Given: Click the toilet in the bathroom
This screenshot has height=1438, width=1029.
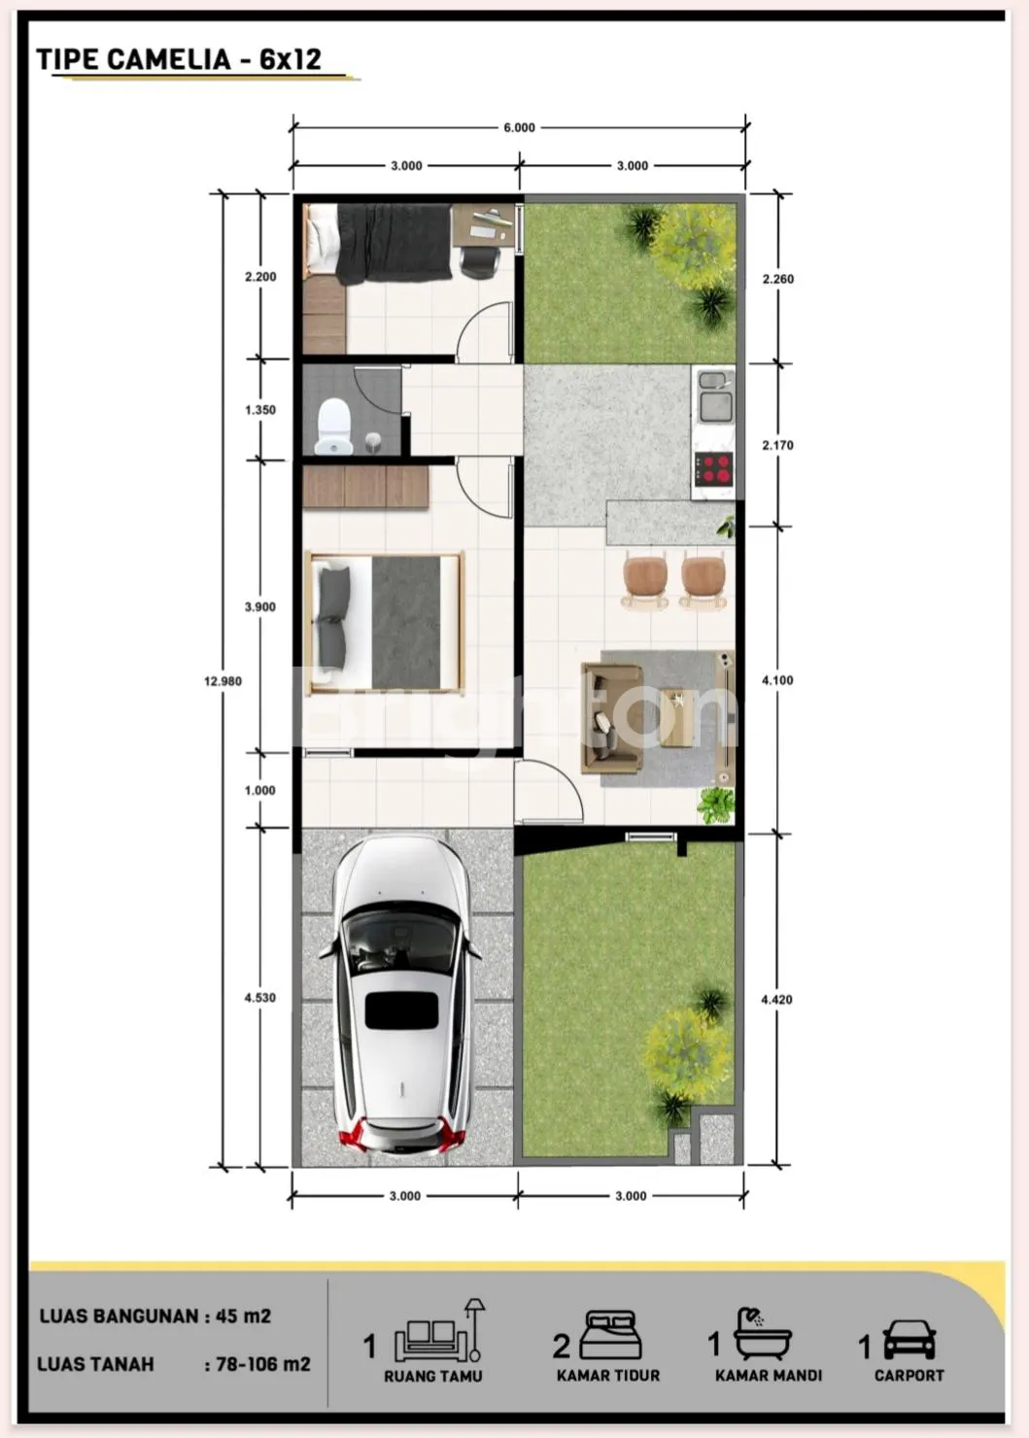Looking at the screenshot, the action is tap(335, 427).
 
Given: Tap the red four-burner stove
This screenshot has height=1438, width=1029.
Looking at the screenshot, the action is tap(714, 468).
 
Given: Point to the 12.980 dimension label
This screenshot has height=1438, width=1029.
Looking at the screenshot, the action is tap(223, 681).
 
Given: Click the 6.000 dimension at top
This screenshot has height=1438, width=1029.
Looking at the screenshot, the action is tap(519, 127).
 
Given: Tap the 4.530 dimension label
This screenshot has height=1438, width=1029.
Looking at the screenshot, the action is tap(260, 998).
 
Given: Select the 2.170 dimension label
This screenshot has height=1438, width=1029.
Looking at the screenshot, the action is tap(778, 445).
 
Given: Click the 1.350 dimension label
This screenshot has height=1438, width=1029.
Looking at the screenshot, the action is tap(260, 410).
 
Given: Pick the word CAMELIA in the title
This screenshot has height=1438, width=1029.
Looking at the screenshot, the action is tap(169, 59).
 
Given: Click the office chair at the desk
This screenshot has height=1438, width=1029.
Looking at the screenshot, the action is tap(480, 262).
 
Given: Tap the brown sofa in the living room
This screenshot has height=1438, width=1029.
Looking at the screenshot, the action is tap(611, 718).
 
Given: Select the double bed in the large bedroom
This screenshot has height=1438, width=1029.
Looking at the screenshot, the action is tap(385, 624).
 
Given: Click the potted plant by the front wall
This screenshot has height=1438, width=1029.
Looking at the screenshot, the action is tap(716, 805).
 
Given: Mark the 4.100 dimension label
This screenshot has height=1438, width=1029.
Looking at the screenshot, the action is tap(777, 680).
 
